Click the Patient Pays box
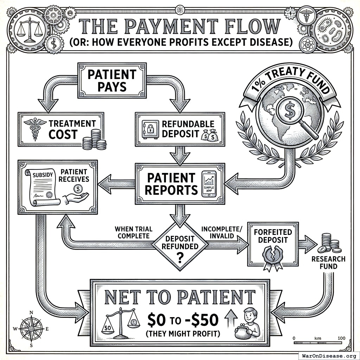tap(112, 80)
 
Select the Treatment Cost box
tap(61, 129)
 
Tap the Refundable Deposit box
tap(180, 129)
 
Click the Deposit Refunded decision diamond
tap(180, 246)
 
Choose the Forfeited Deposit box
tap(272, 244)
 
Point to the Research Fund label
tap(328, 263)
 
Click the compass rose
tap(31, 328)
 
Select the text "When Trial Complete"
tap(133, 232)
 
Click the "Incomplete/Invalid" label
tap(222, 232)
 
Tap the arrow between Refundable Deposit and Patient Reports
tap(180, 155)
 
